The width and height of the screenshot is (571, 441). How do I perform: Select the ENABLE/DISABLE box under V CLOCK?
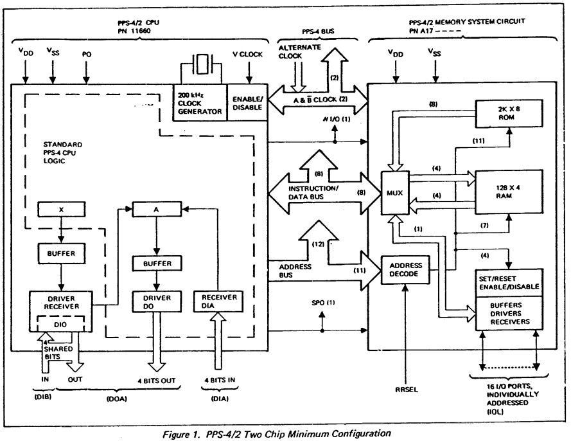click(245, 102)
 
